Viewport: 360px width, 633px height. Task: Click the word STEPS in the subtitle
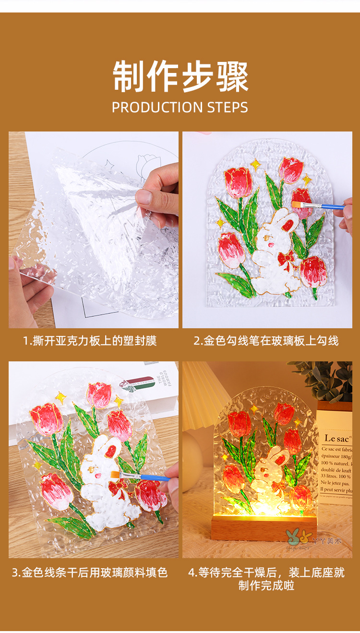[228, 107]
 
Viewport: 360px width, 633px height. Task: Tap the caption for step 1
[90, 341]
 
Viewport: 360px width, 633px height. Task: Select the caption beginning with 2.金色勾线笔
[266, 341]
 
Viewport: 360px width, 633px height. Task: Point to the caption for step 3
[90, 573]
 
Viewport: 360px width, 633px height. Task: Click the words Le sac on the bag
[336, 438]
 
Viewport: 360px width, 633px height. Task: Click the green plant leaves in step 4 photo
[326, 379]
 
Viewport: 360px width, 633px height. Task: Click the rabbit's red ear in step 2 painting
[288, 225]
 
